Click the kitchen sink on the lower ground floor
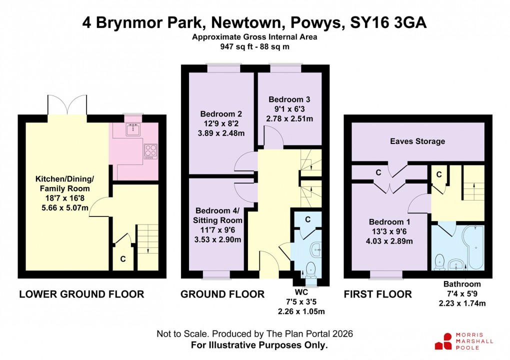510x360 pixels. click(132, 130)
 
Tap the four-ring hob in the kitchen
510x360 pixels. click(150, 150)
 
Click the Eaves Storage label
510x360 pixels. click(417, 141)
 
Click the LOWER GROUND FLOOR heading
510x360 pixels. click(81, 294)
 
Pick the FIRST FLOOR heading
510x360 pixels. click(377, 294)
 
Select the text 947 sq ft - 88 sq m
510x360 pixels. click(255, 47)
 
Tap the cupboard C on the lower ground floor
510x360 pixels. click(123, 259)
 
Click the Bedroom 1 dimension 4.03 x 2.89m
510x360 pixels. click(390, 241)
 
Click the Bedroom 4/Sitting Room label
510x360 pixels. click(217, 215)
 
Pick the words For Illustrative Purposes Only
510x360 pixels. click(259, 345)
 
